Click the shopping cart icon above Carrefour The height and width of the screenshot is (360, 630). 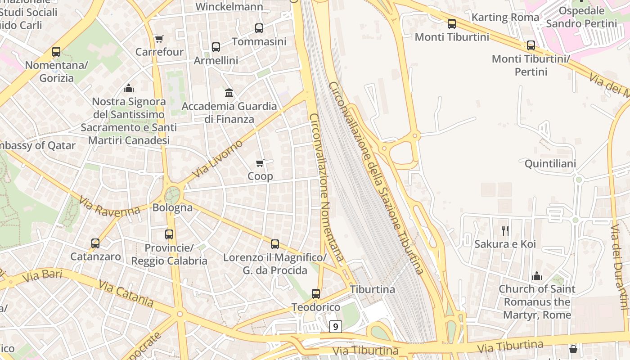click(159, 39)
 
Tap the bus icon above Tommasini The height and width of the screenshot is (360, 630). click(259, 28)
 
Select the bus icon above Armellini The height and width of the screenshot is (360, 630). click(216, 47)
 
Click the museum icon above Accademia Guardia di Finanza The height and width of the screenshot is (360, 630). click(229, 93)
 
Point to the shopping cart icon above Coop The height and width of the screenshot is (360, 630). click(260, 163)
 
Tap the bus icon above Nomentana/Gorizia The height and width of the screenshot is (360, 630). click(56, 52)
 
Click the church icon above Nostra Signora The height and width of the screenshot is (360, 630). click(129, 88)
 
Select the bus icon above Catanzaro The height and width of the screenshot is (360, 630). click(95, 243)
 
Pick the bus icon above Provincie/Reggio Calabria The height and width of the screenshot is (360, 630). click(169, 234)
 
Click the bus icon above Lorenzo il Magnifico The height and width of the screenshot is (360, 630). click(275, 244)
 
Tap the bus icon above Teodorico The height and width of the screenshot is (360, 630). click(316, 294)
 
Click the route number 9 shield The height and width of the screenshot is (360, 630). click(336, 326)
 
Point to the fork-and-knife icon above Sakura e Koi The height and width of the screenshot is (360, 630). click(505, 231)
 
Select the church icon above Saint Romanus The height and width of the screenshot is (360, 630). click(536, 276)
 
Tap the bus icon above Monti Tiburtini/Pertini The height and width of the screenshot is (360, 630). click(531, 45)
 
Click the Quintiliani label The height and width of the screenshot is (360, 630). click(550, 164)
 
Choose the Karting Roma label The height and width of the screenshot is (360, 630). click(505, 18)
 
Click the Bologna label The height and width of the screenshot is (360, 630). click(172, 208)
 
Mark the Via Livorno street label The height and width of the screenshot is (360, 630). click(217, 159)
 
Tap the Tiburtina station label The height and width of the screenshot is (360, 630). click(373, 289)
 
